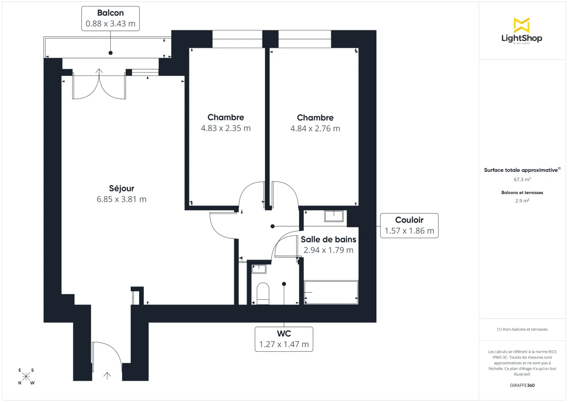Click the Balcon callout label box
(x=110, y=18)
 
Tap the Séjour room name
(x=121, y=188)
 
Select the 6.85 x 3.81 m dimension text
(x=121, y=199)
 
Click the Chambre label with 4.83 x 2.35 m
(x=225, y=117)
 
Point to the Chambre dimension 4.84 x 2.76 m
(x=315, y=128)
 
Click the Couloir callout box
(x=409, y=225)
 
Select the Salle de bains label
(x=328, y=240)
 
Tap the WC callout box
(x=284, y=339)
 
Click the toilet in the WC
(x=262, y=292)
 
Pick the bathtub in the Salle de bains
(x=331, y=293)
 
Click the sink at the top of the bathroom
(x=336, y=216)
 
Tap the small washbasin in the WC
(x=259, y=269)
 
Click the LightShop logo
(x=522, y=31)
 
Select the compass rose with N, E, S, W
(x=27, y=376)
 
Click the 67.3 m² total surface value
(x=522, y=179)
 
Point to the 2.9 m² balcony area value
(x=522, y=201)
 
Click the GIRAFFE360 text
(x=522, y=385)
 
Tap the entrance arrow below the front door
(x=107, y=376)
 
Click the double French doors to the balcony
(x=99, y=85)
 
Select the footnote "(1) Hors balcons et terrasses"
(x=522, y=329)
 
